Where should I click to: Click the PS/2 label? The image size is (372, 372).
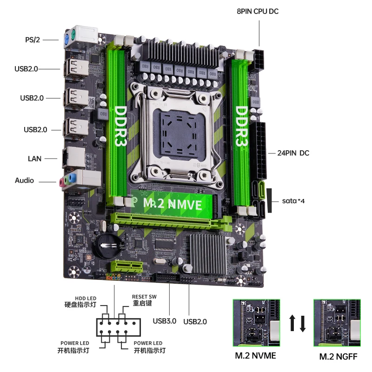(x=32, y=40)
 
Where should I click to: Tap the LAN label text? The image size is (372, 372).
(x=34, y=159)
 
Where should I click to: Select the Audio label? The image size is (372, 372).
(x=24, y=180)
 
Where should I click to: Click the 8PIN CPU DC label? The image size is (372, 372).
(x=258, y=11)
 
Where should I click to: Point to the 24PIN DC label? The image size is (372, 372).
(x=293, y=153)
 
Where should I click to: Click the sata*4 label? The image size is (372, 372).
(x=293, y=201)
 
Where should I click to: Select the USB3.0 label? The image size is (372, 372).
(x=165, y=320)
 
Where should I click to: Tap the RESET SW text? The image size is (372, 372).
(x=144, y=297)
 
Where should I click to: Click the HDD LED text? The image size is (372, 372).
(x=86, y=299)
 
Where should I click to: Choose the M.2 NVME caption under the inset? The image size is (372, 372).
(x=255, y=356)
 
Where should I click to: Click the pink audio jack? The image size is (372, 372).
(x=61, y=183)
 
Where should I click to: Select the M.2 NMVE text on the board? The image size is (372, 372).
(x=172, y=203)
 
